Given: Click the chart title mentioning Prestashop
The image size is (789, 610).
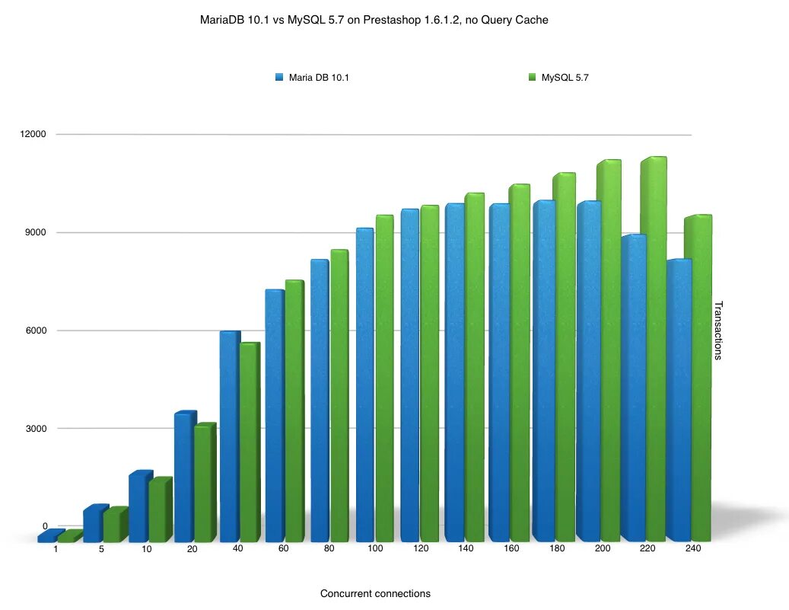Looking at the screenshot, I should pos(374,21).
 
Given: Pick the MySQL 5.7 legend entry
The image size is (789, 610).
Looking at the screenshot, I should pos(564,77).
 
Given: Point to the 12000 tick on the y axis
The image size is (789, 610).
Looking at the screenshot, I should pos(33,134).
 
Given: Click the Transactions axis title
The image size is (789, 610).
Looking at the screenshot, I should pos(717,331).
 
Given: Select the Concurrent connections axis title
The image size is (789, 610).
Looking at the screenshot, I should pos(375,594).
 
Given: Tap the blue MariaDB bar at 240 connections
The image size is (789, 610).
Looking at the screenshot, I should pos(678,400).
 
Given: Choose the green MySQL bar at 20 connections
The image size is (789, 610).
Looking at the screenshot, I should pos(204,483).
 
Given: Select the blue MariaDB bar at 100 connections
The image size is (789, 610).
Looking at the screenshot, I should pos(364,385).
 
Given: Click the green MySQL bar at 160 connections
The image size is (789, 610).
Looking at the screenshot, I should pos(518,362).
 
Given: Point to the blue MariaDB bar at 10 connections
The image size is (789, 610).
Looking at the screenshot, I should pos(139,507).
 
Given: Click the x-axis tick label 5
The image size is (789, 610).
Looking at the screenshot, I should pos(101,549).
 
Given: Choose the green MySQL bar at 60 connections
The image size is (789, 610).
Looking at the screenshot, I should pos(294,411).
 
